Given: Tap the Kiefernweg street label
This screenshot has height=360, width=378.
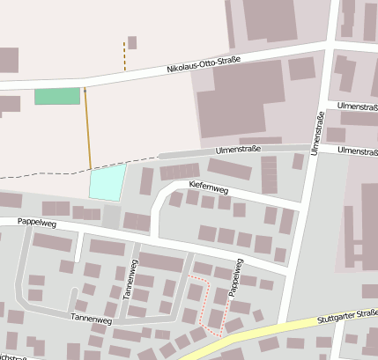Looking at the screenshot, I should click(209, 187).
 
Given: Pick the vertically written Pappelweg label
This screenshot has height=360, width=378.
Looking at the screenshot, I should click(235, 277).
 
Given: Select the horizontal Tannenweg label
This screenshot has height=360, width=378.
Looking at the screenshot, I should click(92, 317).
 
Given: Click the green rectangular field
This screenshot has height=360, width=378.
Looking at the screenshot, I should click(56, 97).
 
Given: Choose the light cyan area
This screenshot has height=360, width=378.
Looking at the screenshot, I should click(107, 182).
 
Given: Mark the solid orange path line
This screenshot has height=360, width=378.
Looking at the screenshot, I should click(87, 128).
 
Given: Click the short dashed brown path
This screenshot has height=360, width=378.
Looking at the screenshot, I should click(124, 55).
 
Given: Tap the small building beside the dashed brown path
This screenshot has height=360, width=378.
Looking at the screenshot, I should click(132, 42).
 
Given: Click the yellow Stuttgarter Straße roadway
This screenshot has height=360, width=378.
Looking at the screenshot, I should click(264, 334).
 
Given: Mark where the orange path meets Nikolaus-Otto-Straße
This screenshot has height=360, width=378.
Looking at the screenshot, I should click(85, 85).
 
